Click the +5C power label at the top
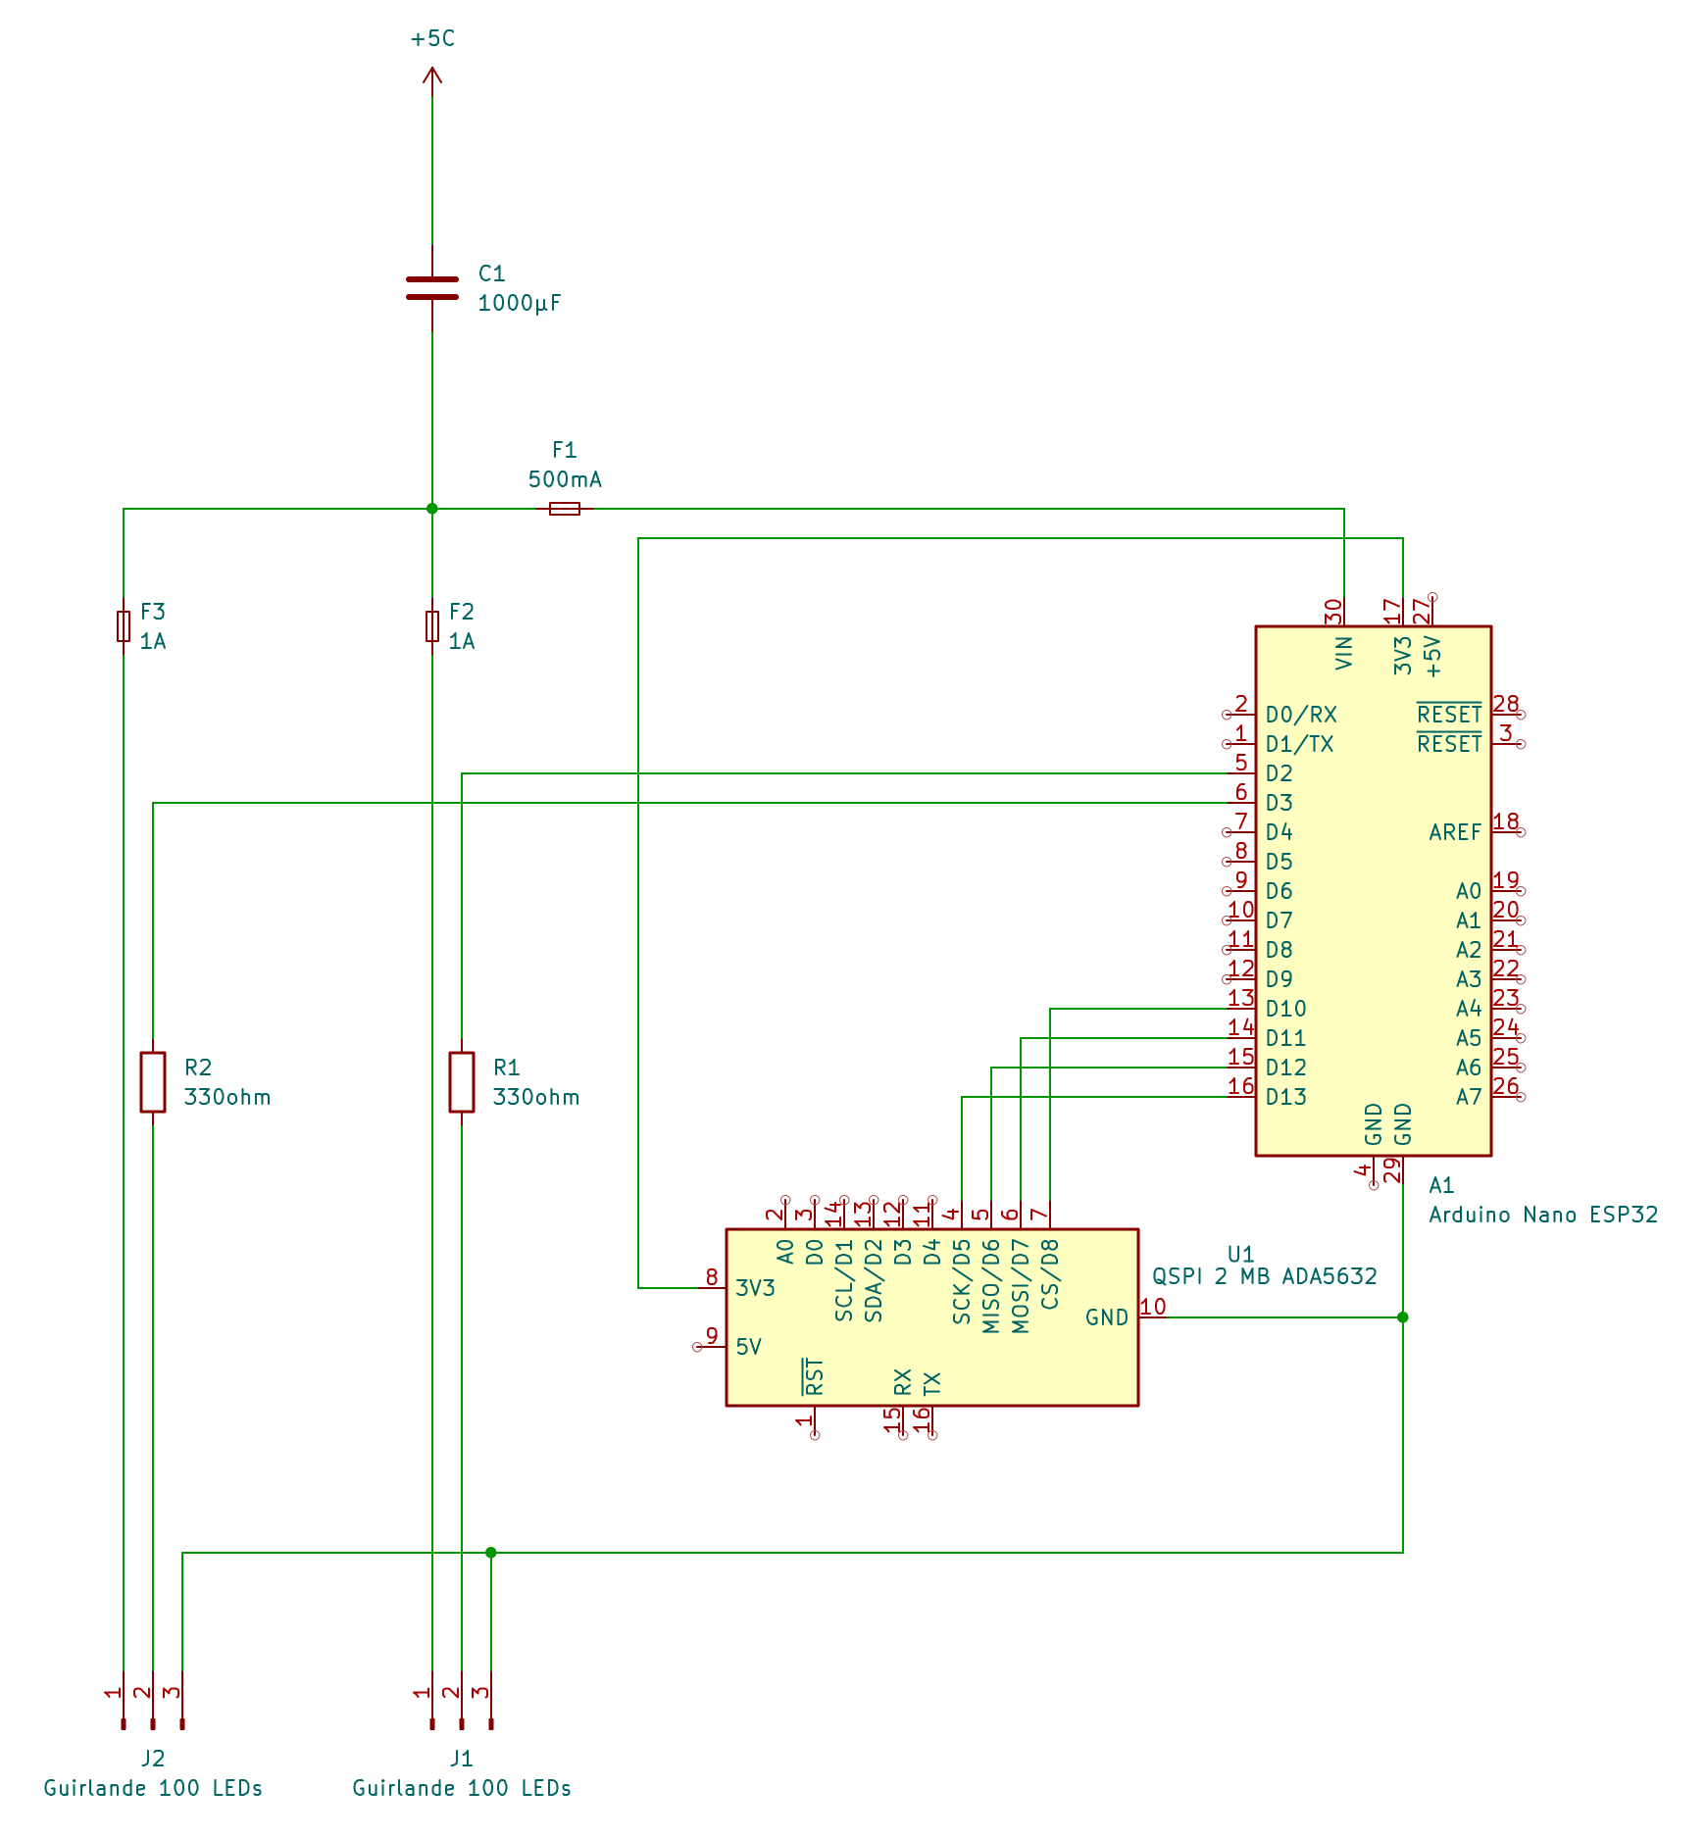(x=432, y=38)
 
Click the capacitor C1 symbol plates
(x=432, y=287)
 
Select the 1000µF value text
(x=519, y=303)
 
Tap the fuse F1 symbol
(x=565, y=509)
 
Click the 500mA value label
(x=565, y=479)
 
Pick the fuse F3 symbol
(x=124, y=625)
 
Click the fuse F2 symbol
(x=432, y=625)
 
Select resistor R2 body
(x=153, y=1082)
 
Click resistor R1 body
(x=462, y=1082)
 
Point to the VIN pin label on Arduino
(x=1344, y=653)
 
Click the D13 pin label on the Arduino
(x=1285, y=1097)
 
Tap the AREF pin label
(x=1455, y=832)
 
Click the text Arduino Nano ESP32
(x=1542, y=1215)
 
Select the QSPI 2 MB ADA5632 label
(x=1264, y=1276)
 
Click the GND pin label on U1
(x=1107, y=1317)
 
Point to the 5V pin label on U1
(x=748, y=1347)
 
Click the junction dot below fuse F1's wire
(x=432, y=509)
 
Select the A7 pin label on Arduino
(x=1468, y=1097)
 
